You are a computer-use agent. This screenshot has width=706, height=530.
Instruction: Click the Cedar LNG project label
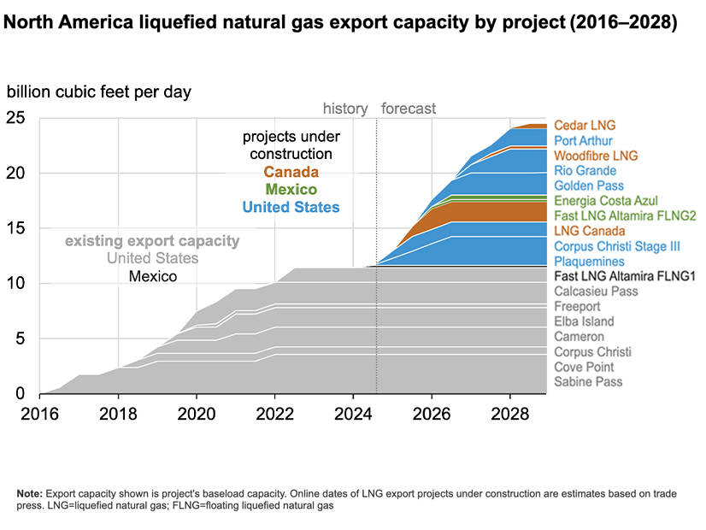[585, 126]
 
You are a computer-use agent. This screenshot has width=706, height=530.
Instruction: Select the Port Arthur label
[584, 141]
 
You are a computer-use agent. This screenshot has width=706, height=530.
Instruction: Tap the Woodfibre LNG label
[594, 156]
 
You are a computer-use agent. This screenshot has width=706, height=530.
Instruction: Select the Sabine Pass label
[588, 381]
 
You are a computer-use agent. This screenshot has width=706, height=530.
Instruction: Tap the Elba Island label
[585, 321]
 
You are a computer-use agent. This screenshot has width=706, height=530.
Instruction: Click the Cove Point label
[585, 367]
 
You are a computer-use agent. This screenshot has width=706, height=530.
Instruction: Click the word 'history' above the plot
[344, 109]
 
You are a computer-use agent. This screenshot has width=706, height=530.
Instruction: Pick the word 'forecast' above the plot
[409, 109]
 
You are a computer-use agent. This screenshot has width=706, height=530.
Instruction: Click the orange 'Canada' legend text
[291, 173]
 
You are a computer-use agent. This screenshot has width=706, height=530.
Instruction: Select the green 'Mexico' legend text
[291, 190]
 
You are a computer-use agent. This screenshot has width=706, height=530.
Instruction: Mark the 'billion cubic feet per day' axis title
[99, 91]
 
